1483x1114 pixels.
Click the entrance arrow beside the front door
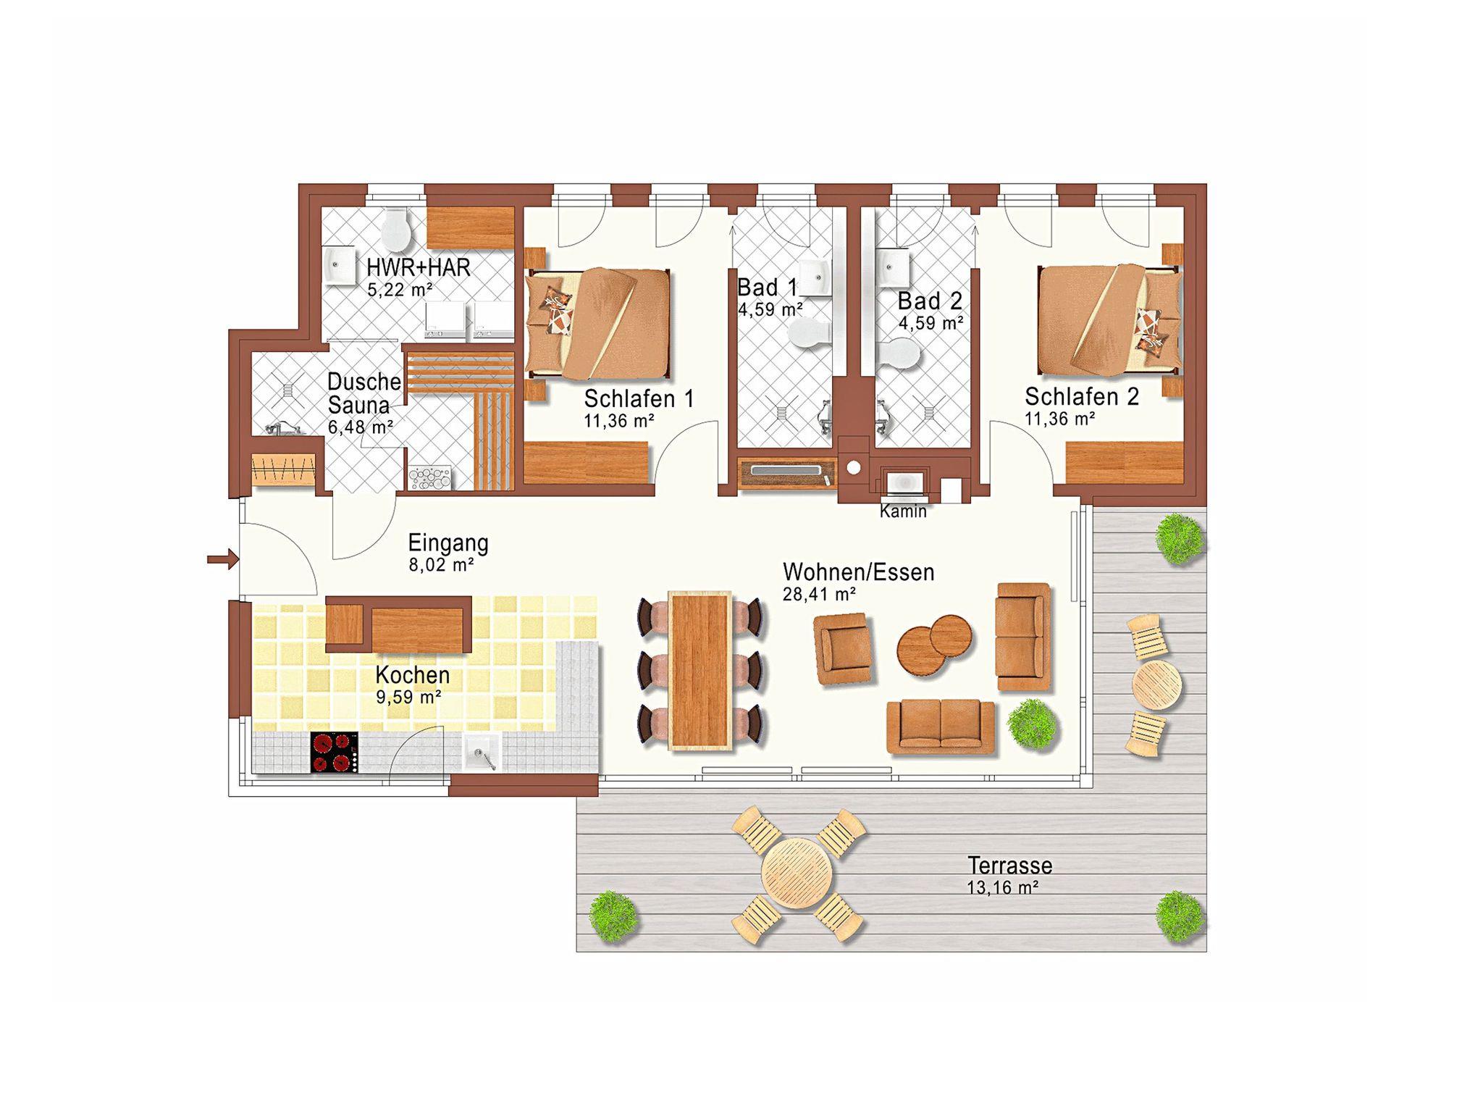click(x=223, y=558)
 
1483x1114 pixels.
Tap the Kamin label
click(x=903, y=511)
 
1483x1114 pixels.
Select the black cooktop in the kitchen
click(x=335, y=753)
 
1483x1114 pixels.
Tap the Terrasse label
click(x=1010, y=866)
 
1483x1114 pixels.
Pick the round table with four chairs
click(x=799, y=875)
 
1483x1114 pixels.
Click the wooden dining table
click(x=700, y=670)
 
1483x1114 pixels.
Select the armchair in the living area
click(x=841, y=648)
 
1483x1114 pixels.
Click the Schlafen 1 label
click(x=639, y=398)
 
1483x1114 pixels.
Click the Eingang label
click(x=448, y=543)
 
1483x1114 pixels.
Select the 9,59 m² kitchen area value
click(x=408, y=698)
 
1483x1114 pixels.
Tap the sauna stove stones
click(x=430, y=479)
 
